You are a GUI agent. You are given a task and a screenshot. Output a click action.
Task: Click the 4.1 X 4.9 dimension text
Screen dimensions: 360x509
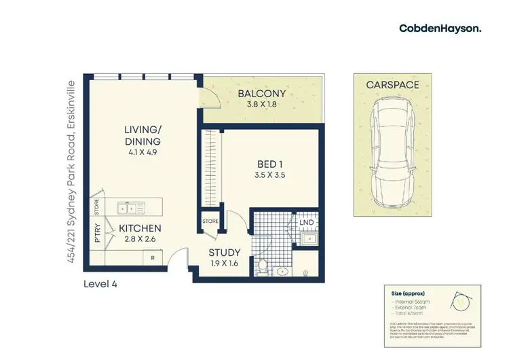[141, 152]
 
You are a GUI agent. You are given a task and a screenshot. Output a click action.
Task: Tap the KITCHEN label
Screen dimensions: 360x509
[140, 228]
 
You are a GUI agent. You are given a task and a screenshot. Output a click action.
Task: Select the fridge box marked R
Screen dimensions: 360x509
[153, 258]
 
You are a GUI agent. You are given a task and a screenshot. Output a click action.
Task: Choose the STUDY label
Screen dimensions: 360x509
[225, 255]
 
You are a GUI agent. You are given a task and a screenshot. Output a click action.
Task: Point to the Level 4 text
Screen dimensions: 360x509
[100, 284]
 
